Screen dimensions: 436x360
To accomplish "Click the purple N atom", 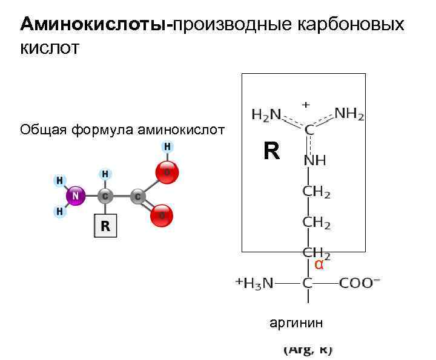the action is [x=76, y=196].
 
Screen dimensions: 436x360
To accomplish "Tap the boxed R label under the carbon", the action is [x=105, y=227].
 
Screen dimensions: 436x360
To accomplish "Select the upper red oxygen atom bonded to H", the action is [x=167, y=172].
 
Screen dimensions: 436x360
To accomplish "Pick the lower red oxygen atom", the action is [x=162, y=215].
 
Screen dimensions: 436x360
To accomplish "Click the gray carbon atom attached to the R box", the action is [x=105, y=196].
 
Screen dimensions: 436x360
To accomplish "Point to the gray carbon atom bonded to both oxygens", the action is [x=138, y=196].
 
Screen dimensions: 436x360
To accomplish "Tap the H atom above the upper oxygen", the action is [x=167, y=147].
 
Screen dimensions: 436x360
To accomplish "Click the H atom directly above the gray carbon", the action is [x=105, y=174].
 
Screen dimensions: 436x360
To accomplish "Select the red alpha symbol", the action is [x=319, y=264].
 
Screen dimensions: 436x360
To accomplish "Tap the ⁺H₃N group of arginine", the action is [x=255, y=283].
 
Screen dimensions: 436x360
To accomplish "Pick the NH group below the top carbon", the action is [x=314, y=161].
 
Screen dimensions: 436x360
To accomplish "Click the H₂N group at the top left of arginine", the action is [x=266, y=114].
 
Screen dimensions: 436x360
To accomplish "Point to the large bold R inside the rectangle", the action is [x=271, y=151].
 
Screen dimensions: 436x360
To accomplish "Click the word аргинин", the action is [x=296, y=323].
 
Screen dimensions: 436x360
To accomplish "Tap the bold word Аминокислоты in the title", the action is [x=93, y=24].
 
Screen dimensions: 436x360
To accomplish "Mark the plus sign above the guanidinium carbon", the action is [x=306, y=104].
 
